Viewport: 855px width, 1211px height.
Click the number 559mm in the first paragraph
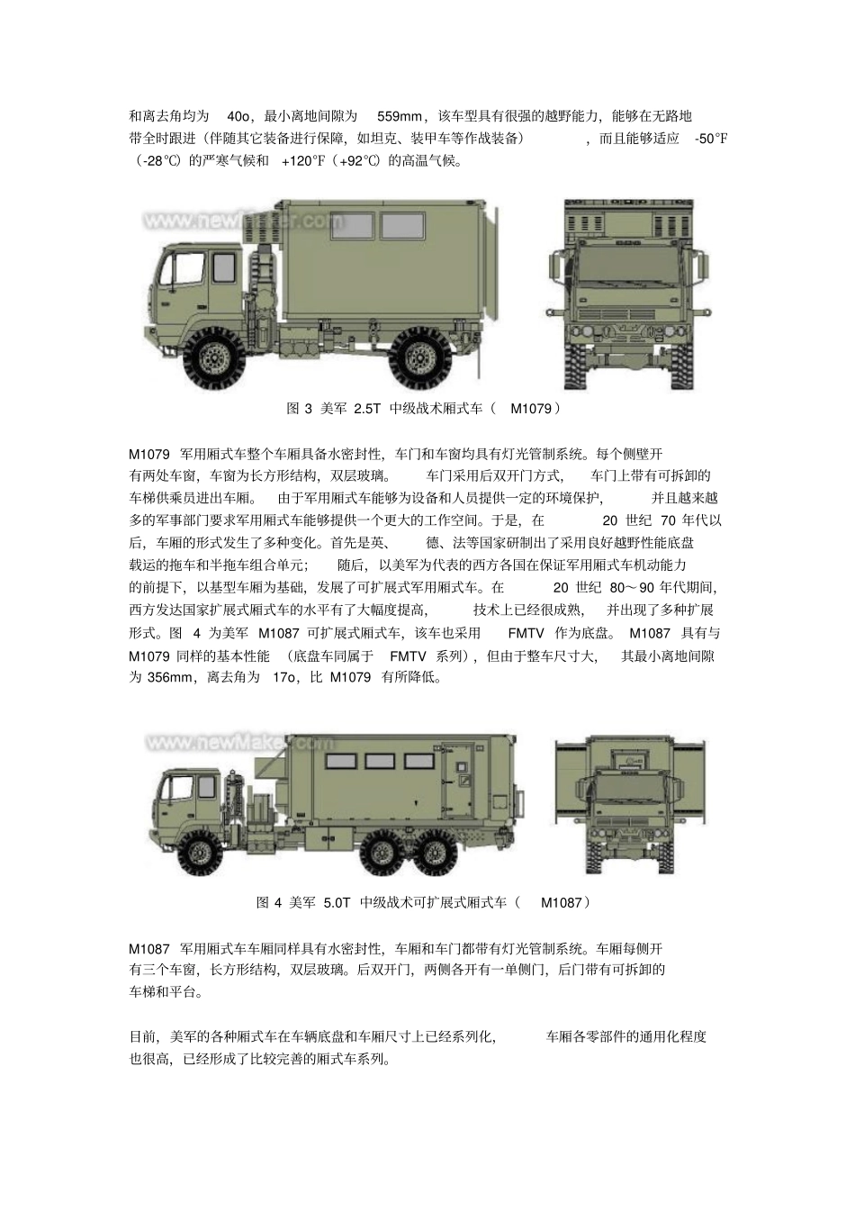[x=400, y=116]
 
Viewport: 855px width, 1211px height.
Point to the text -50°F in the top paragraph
[x=711, y=139]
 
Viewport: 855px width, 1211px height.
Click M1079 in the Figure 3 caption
[x=531, y=409]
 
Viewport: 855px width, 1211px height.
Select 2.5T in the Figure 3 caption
[x=367, y=409]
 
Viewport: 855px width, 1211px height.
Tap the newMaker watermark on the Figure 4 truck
[x=239, y=744]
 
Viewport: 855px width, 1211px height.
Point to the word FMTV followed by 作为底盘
[x=525, y=633]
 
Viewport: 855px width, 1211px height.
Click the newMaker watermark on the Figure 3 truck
[x=243, y=221]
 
